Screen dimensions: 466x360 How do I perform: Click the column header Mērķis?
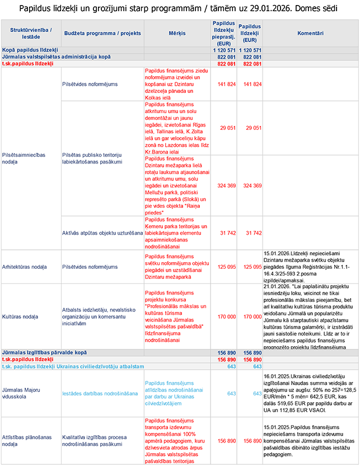pyautogui.click(x=177, y=34)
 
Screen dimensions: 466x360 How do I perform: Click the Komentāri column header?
pyautogui.click(x=311, y=34)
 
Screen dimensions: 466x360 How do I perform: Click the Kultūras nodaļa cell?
pyautogui.click(x=20, y=316)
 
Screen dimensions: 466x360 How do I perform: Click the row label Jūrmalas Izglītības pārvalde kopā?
pyautogui.click(x=44, y=353)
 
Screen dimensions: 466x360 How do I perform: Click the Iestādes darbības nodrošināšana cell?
pyautogui.click(x=100, y=393)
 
